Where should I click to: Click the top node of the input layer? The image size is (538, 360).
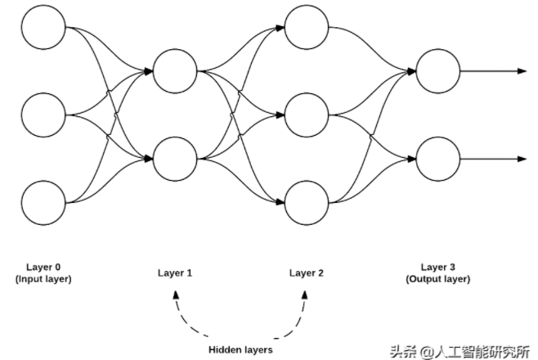pyautogui.click(x=43, y=29)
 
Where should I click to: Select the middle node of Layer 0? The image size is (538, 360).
pyautogui.click(x=43, y=115)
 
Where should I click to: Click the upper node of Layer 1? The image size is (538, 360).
pyautogui.click(x=174, y=71)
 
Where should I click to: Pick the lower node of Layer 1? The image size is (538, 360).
pyautogui.click(x=174, y=157)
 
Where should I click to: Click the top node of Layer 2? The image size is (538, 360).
pyautogui.click(x=305, y=29)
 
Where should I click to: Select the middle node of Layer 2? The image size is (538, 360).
pyautogui.click(x=305, y=115)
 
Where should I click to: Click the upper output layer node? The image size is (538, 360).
pyautogui.click(x=437, y=71)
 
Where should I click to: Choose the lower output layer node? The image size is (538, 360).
pyautogui.click(x=437, y=157)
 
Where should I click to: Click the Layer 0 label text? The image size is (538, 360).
pyautogui.click(x=43, y=268)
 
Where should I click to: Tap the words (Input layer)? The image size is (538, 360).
pyautogui.click(x=43, y=279)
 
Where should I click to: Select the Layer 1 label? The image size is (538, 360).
pyautogui.click(x=174, y=273)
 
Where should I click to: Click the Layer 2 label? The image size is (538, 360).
pyautogui.click(x=305, y=273)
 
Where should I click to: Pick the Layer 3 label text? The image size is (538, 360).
pyautogui.click(x=438, y=267)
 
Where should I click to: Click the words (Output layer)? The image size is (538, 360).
pyautogui.click(x=438, y=279)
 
